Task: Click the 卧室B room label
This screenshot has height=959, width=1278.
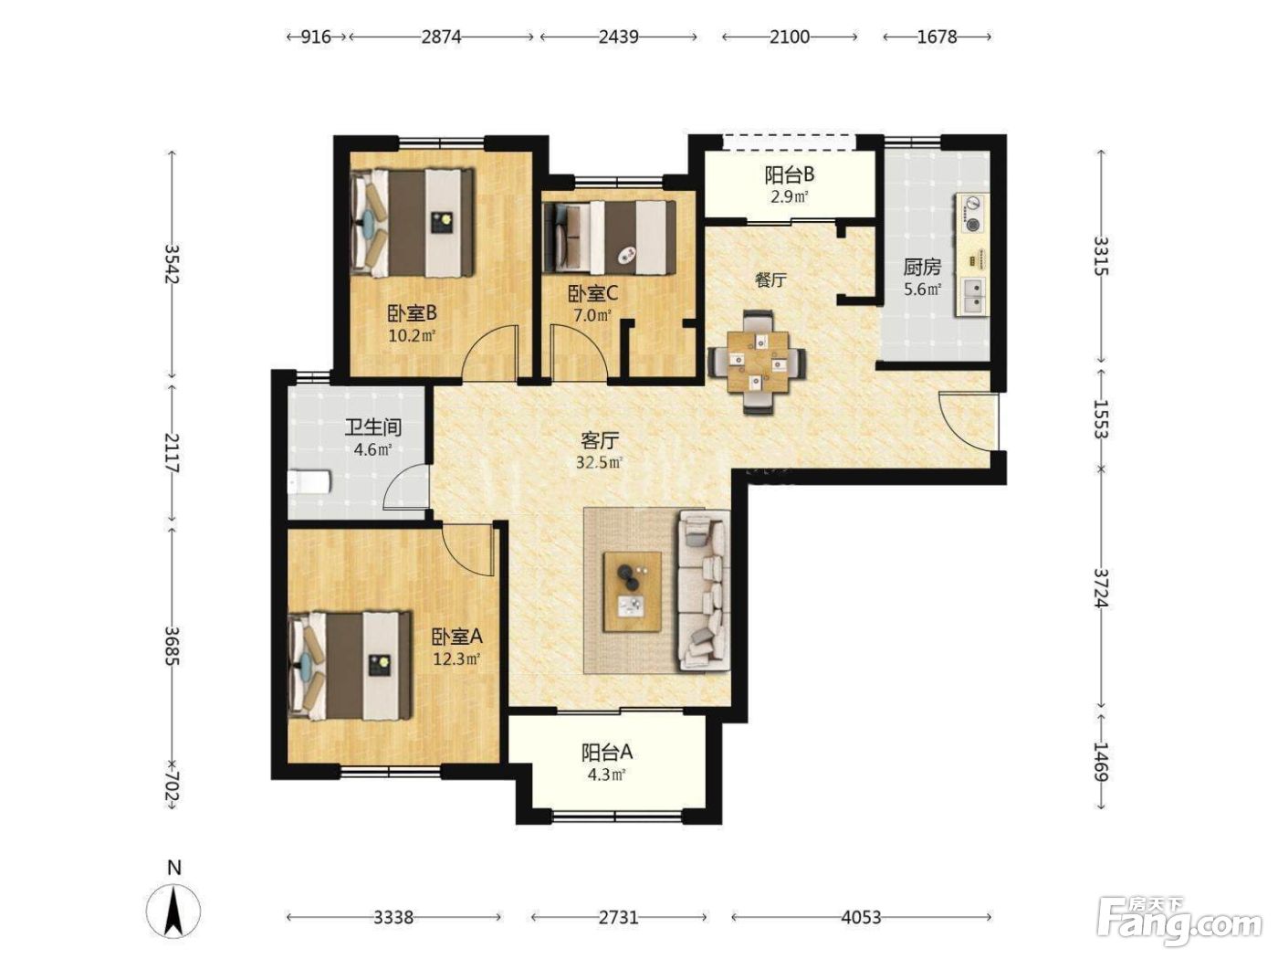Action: click(412, 314)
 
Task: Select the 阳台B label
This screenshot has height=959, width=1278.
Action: click(789, 174)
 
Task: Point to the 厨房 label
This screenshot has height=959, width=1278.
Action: click(922, 268)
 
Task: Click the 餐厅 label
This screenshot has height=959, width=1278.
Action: click(770, 280)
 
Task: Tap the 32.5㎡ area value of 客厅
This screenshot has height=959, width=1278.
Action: click(599, 463)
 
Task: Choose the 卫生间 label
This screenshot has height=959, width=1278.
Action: click(373, 427)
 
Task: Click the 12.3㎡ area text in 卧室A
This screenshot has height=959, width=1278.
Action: click(456, 659)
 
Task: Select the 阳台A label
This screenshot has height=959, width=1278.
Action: click(607, 753)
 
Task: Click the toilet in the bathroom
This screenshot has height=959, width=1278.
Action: click(309, 482)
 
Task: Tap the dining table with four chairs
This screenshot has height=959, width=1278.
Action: click(757, 363)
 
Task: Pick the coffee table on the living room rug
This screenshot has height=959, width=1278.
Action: click(633, 591)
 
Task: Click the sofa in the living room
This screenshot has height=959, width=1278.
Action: click(703, 590)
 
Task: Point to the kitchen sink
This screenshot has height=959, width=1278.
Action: click(972, 297)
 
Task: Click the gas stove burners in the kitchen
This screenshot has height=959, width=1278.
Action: click(972, 214)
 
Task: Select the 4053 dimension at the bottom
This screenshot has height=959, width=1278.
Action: click(861, 918)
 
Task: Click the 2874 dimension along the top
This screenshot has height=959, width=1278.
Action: click(441, 37)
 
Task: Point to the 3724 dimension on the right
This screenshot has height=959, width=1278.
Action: click(1100, 588)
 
